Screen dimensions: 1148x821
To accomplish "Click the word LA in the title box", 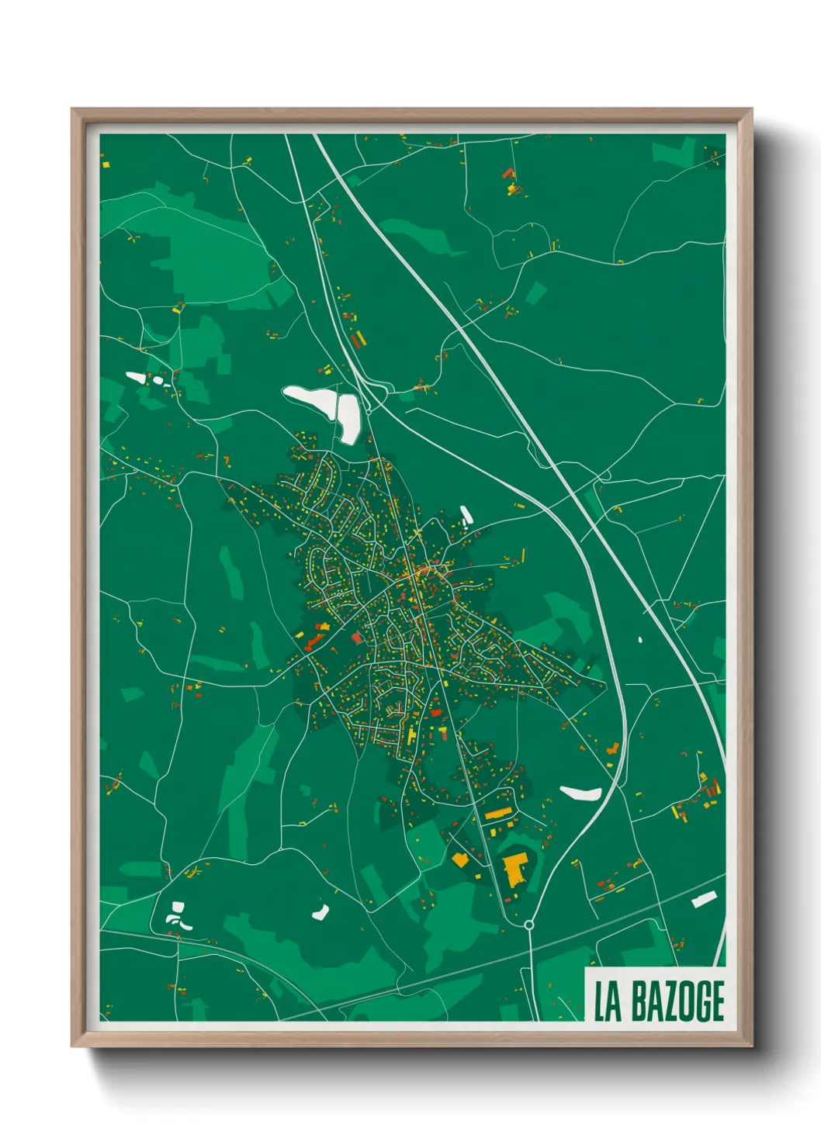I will tap(608, 1001).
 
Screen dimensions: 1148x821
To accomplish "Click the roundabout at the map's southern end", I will tap(529, 925).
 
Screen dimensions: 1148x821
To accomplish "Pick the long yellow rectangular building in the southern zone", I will tap(499, 814).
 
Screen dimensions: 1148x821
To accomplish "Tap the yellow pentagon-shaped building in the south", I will tap(460, 859).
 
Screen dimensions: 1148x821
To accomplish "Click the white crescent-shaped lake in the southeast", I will tap(581, 793).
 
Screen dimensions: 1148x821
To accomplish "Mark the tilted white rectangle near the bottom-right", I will tap(703, 900).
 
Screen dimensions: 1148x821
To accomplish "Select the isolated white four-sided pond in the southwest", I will tap(320, 912).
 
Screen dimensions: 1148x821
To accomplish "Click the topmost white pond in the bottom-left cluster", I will tap(178, 907).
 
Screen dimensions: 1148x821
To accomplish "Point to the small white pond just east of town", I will tap(466, 513).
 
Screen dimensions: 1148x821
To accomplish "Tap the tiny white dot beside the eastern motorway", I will tap(640, 640).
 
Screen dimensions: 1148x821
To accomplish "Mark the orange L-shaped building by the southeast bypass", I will tap(612, 749).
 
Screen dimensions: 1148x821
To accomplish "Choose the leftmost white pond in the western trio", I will tap(137, 378).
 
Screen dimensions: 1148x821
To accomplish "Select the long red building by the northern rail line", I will tap(358, 341).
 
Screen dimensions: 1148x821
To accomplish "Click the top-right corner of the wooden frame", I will tap(750, 110).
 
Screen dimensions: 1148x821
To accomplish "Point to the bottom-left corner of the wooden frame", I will tap(72, 1045).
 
